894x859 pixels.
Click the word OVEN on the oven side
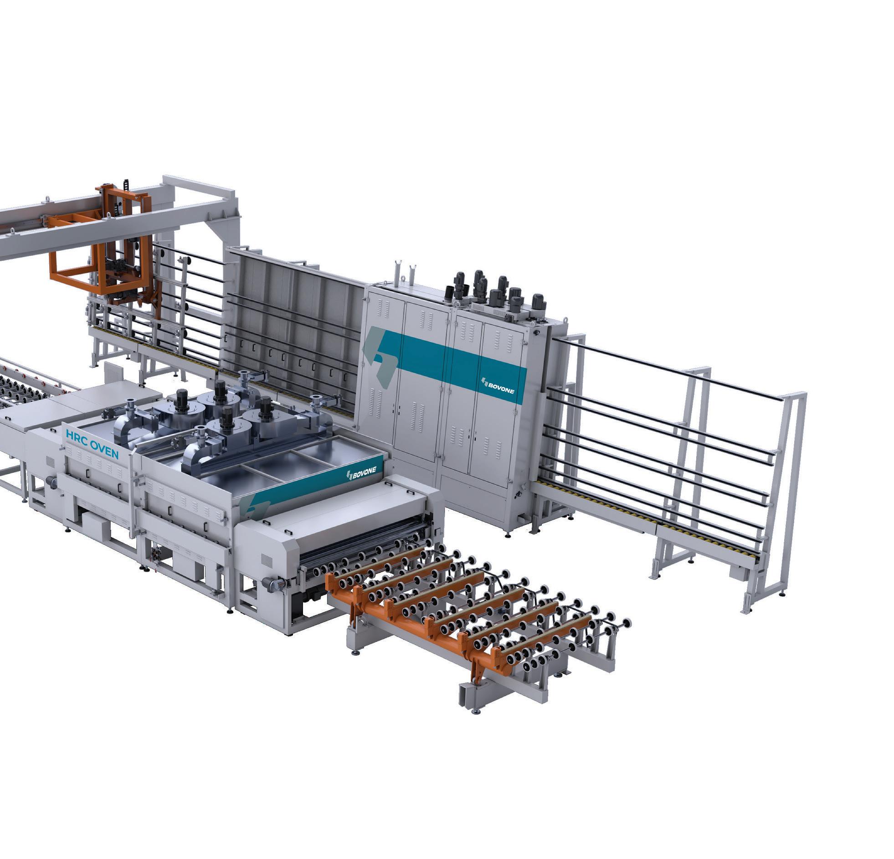pyautogui.click(x=104, y=449)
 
